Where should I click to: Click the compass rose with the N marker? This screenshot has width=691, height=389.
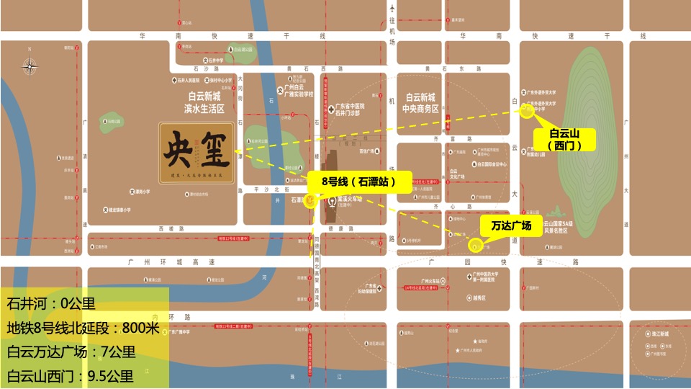tap(30, 67)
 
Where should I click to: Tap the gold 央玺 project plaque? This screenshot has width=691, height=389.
tap(197, 155)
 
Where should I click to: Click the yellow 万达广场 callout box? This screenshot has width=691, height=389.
tap(511, 226)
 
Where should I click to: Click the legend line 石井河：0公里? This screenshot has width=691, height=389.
tap(51, 303)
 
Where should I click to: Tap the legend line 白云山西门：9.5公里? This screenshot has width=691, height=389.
tap(71, 375)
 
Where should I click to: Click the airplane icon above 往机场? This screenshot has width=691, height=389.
tap(392, 9)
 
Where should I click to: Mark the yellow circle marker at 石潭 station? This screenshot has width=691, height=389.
tap(310, 202)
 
